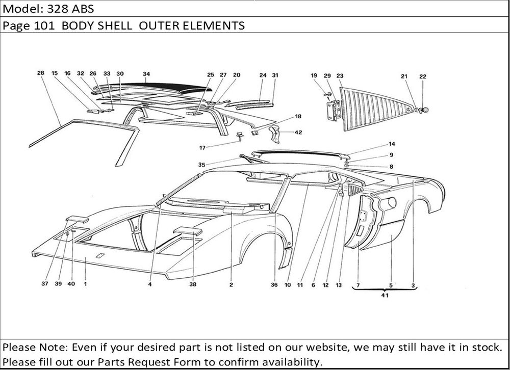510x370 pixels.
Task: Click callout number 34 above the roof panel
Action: tap(146, 74)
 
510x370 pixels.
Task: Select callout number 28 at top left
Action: tap(41, 73)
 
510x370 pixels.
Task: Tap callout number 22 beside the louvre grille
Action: tap(423, 77)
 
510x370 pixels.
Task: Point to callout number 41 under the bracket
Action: tap(384, 294)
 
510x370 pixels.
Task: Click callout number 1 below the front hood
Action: tap(85, 285)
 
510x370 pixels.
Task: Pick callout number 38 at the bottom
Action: tap(193, 285)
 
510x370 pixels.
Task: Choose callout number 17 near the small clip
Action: tap(202, 148)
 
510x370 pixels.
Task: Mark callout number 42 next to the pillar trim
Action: tap(298, 132)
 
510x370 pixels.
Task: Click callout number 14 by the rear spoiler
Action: tap(392, 144)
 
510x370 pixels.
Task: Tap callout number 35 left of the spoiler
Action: tap(202, 165)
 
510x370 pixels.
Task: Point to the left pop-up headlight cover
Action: tap(76, 220)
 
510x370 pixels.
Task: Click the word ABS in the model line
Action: tap(80, 9)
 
